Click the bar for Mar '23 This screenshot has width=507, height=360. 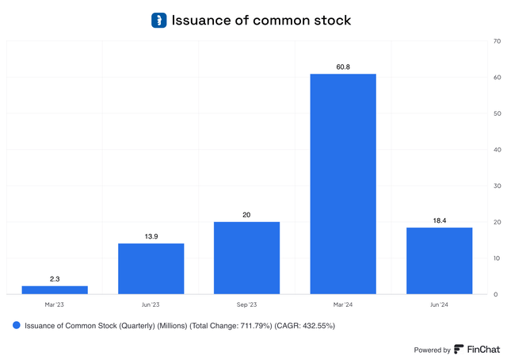(55, 290)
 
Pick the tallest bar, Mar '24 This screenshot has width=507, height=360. (342, 184)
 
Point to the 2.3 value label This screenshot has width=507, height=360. (55, 278)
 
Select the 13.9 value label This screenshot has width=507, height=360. (151, 236)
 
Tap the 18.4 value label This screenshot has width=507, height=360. (439, 220)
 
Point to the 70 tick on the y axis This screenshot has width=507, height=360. (496, 40)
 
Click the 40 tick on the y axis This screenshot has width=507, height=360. (496, 149)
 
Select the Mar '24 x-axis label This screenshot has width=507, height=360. (342, 305)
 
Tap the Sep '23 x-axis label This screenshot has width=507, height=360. (246, 305)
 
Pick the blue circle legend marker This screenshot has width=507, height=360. (16, 325)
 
